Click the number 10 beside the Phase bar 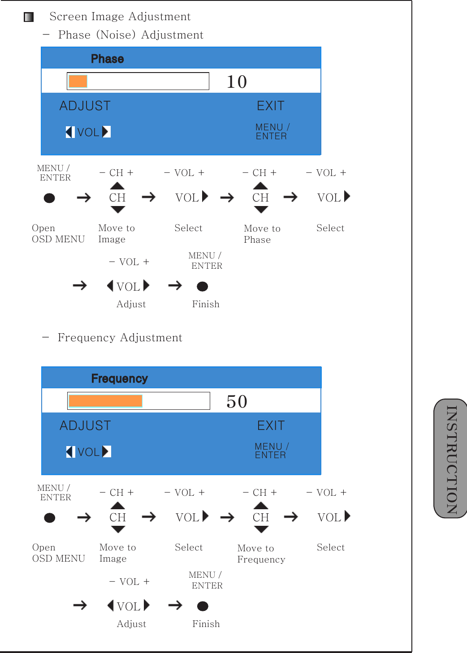pyautogui.click(x=237, y=82)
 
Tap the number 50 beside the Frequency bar pyautogui.click(x=237, y=402)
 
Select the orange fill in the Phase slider pyautogui.click(x=78, y=81)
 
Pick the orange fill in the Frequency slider pyautogui.click(x=105, y=401)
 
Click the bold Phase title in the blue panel pyautogui.click(x=107, y=59)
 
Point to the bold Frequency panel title pyautogui.click(x=119, y=378)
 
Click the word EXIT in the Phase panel pyautogui.click(x=270, y=106)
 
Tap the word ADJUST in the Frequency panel pyautogui.click(x=85, y=425)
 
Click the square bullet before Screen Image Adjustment pyautogui.click(x=29, y=17)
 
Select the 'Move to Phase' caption pyautogui.click(x=262, y=234)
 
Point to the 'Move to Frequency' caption pyautogui.click(x=261, y=554)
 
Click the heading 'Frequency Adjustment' pyautogui.click(x=120, y=338)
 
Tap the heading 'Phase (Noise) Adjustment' pyautogui.click(x=130, y=35)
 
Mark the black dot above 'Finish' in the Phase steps pyautogui.click(x=203, y=286)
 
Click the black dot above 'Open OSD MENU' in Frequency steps pyautogui.click(x=50, y=518)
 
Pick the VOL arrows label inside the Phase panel pyautogui.click(x=88, y=132)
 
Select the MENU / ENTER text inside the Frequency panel pyautogui.click(x=271, y=451)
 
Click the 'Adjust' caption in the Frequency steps pyautogui.click(x=131, y=624)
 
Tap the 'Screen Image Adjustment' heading pyautogui.click(x=120, y=17)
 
